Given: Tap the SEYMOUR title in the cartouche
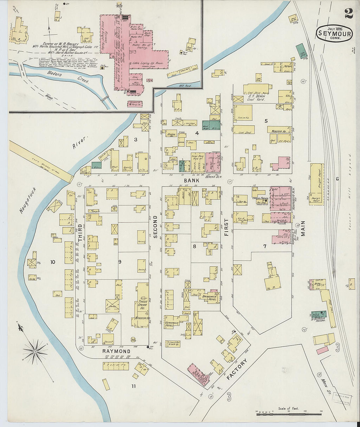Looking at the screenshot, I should pyautogui.click(x=334, y=34).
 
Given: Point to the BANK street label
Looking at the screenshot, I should pyautogui.click(x=189, y=180).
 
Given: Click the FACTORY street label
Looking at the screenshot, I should pyautogui.click(x=236, y=369).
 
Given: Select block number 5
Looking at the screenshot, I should pyautogui.click(x=266, y=121).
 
